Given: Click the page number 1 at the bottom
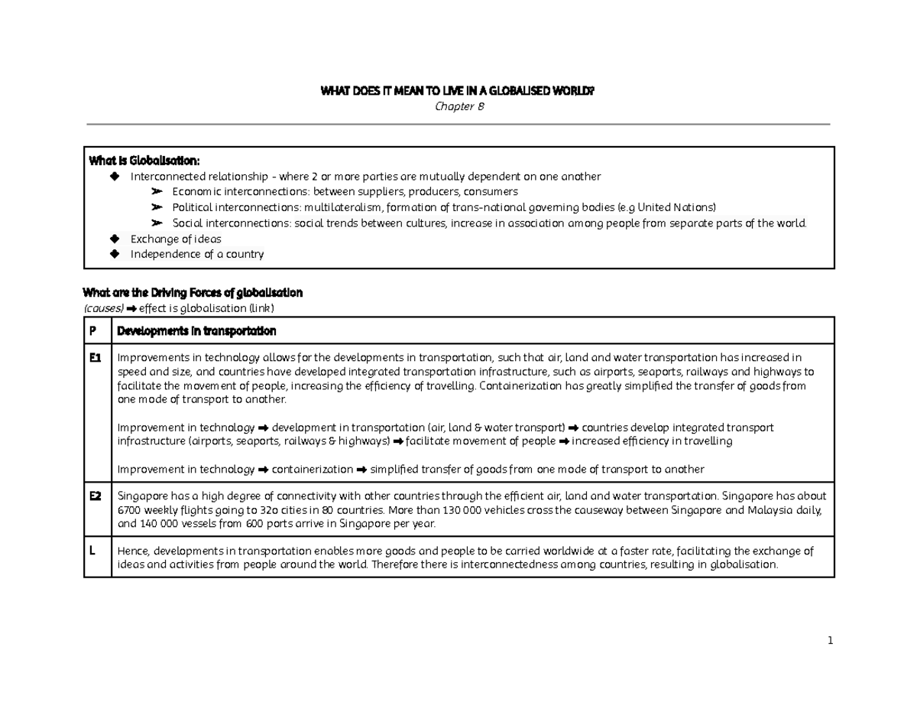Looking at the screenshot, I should (829, 640).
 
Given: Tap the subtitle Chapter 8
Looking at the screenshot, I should (458, 106).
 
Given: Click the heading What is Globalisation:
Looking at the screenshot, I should (144, 161).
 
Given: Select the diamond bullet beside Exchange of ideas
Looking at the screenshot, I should (115, 239).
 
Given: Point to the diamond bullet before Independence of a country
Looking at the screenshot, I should (115, 255).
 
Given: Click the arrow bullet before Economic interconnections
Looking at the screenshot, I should (157, 192).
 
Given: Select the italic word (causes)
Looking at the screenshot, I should (103, 308).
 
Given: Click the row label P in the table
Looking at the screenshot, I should (92, 331).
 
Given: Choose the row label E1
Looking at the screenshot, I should (96, 357).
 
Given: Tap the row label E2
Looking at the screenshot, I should (96, 496).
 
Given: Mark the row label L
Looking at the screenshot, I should (92, 551).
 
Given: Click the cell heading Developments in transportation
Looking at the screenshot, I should (196, 331).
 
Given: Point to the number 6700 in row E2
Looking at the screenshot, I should (128, 510).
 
